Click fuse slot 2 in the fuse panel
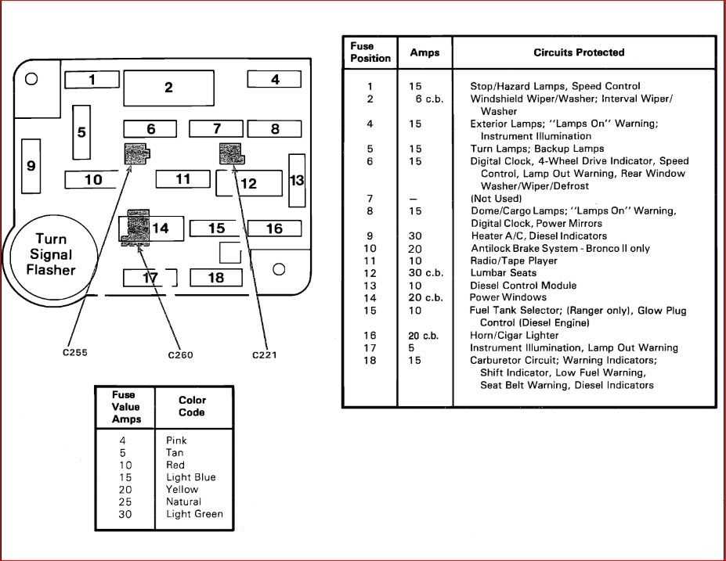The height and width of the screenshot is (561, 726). pyautogui.click(x=168, y=87)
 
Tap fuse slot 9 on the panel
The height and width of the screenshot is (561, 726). pyautogui.click(x=31, y=165)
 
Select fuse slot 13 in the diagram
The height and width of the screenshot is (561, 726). pyautogui.click(x=297, y=180)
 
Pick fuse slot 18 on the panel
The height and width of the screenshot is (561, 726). pyautogui.click(x=216, y=278)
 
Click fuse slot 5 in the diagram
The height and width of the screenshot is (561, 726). pyautogui.click(x=81, y=131)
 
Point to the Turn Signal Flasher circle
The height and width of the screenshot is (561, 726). pyautogui.click(x=52, y=254)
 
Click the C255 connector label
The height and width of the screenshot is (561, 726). pyautogui.click(x=75, y=352)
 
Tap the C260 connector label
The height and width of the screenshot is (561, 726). pyautogui.click(x=180, y=354)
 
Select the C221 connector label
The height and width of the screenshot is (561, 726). pyautogui.click(x=264, y=354)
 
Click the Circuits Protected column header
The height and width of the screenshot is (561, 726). pyautogui.click(x=579, y=52)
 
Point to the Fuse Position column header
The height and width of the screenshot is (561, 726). pyautogui.click(x=370, y=52)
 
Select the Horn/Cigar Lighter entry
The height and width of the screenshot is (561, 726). pyautogui.click(x=514, y=335)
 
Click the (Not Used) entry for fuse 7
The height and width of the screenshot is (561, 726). pyautogui.click(x=496, y=199)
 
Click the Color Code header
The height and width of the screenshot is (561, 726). pyautogui.click(x=192, y=406)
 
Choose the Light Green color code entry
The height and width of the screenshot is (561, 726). pyautogui.click(x=194, y=514)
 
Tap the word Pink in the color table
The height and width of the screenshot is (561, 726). pyautogui.click(x=176, y=441)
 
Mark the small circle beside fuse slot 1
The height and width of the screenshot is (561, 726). pyautogui.click(x=31, y=79)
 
